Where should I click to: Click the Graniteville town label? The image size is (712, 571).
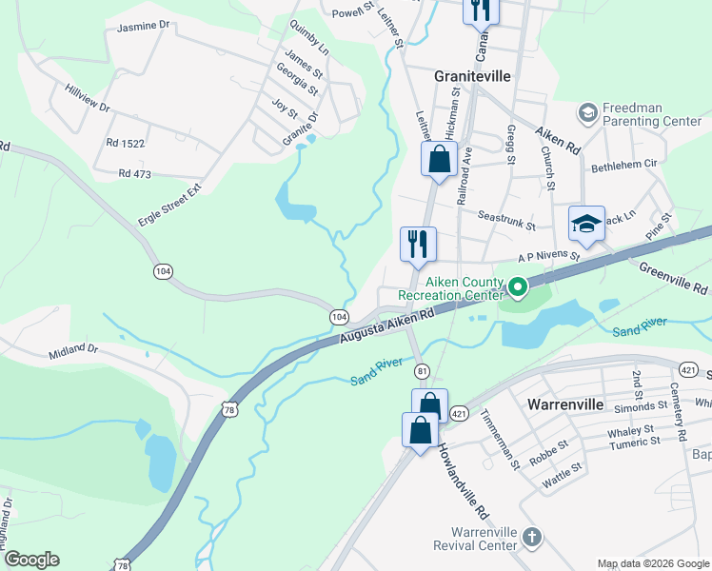coord(473,75)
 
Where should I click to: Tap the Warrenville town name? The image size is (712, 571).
coord(565,404)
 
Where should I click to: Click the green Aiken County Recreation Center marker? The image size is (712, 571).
coord(517,285)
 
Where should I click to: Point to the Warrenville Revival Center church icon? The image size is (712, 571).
coord(532,538)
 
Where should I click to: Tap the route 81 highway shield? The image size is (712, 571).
coord(422,369)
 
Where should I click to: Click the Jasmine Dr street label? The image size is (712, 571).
coord(143,28)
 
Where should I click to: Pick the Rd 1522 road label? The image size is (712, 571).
coord(126,143)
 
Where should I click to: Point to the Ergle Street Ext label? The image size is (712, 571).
coord(169,206)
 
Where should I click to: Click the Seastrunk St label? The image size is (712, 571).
coord(507,221)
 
